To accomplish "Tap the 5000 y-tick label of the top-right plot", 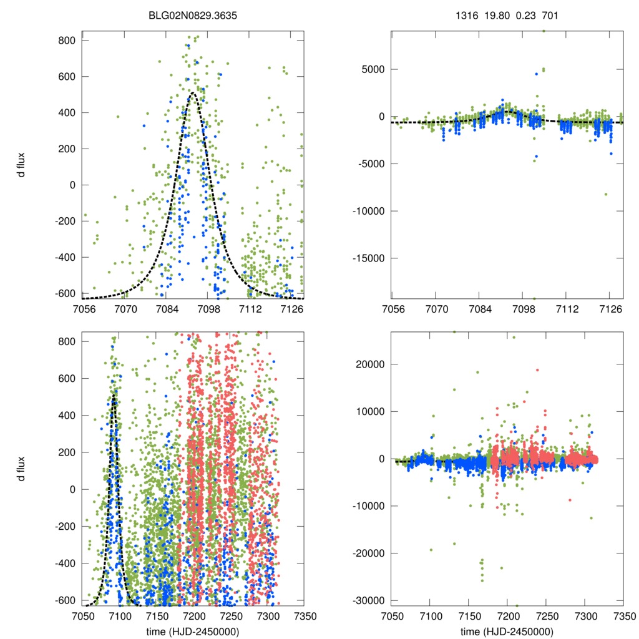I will (373, 69).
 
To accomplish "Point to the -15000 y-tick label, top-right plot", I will (368, 258).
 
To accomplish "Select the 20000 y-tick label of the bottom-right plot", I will (370, 364).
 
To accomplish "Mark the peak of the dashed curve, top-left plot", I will (193, 94).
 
